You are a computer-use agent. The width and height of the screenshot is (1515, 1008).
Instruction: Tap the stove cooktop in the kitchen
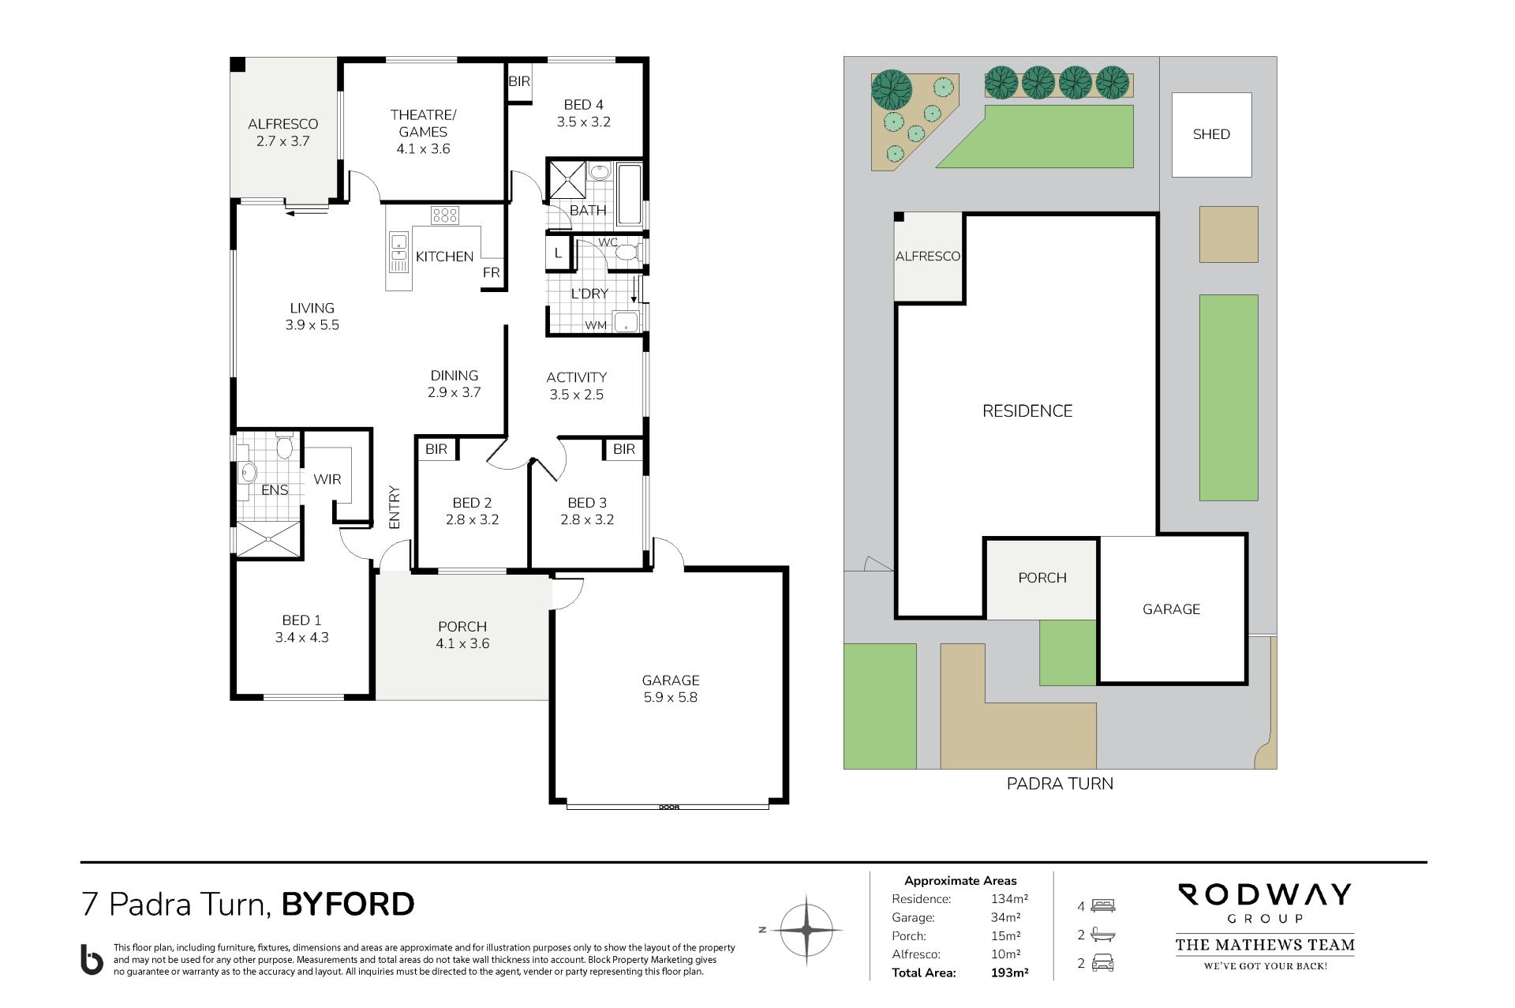point(445,215)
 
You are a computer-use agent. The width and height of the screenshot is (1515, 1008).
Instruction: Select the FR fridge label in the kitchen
point(492,272)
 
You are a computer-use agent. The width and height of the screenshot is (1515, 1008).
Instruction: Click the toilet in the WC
point(628,253)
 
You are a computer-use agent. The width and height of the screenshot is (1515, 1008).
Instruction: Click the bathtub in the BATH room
point(630,194)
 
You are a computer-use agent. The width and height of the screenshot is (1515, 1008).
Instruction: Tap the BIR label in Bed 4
point(519,81)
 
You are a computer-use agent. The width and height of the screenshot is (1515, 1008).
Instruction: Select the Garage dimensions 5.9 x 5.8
point(670,697)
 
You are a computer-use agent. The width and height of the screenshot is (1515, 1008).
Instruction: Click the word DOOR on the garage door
point(669,807)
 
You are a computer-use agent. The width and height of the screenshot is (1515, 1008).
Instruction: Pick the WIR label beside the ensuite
point(327,479)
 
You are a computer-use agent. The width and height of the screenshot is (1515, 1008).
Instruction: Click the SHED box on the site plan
point(1211,135)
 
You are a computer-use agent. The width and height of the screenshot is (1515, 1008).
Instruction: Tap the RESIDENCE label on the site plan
point(1027,411)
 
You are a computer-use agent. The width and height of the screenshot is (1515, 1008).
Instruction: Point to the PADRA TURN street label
point(1060,784)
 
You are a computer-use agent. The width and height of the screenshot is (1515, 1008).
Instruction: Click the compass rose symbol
point(806,931)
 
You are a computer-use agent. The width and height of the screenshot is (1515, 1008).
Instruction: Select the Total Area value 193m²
point(1009,973)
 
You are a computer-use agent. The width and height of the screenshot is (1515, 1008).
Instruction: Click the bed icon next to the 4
point(1103,906)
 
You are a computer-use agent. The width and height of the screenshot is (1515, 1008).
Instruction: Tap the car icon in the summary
point(1103,963)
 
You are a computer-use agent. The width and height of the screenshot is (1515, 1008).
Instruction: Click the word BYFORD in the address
point(348,905)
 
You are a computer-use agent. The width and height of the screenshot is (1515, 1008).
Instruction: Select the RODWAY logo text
point(1265,895)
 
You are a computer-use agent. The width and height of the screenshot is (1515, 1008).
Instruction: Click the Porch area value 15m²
point(1006,936)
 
